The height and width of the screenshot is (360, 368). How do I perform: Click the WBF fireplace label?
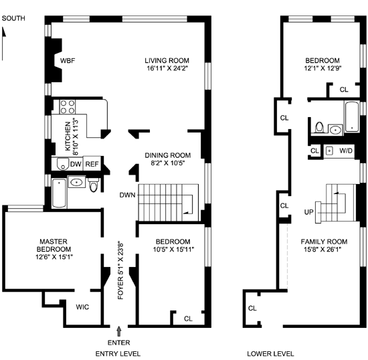coord(68,61)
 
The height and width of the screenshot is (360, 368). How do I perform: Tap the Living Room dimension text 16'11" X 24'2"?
coord(167,68)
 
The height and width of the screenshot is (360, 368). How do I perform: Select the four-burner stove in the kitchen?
coord(68,107)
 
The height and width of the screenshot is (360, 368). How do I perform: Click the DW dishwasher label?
coord(76,164)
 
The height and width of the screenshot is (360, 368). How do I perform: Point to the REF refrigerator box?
coord(92,164)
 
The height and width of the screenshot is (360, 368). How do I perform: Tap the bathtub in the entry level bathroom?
coord(59,193)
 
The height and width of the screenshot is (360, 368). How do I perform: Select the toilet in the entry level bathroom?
coord(94,185)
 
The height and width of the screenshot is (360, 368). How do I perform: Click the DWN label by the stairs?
coord(127,195)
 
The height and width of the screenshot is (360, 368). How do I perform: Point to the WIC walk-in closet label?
coord(82,307)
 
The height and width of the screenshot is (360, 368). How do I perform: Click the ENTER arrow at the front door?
coord(119,332)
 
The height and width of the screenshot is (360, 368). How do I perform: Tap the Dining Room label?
coord(167,155)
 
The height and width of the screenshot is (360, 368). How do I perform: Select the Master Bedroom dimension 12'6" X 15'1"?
coord(54,257)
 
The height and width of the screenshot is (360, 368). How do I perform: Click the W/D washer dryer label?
coord(346,151)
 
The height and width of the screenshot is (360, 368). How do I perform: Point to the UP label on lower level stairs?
coord(309,212)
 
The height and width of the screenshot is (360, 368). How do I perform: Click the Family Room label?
coord(324,242)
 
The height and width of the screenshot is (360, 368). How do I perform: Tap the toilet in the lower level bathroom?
coord(319,127)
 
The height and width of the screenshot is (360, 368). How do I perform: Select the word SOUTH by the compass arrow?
coord(13,18)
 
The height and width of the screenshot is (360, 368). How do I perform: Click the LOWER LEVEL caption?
coord(270,354)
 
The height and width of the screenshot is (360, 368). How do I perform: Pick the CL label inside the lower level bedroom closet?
coord(344,90)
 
